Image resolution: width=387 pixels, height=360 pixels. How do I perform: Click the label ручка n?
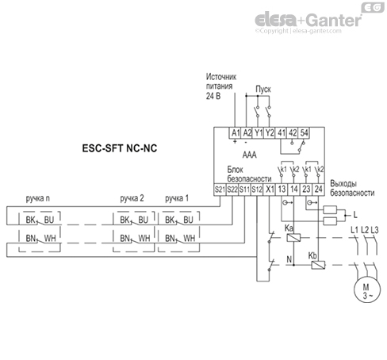point(36,197)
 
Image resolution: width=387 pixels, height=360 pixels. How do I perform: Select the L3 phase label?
point(375,229)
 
